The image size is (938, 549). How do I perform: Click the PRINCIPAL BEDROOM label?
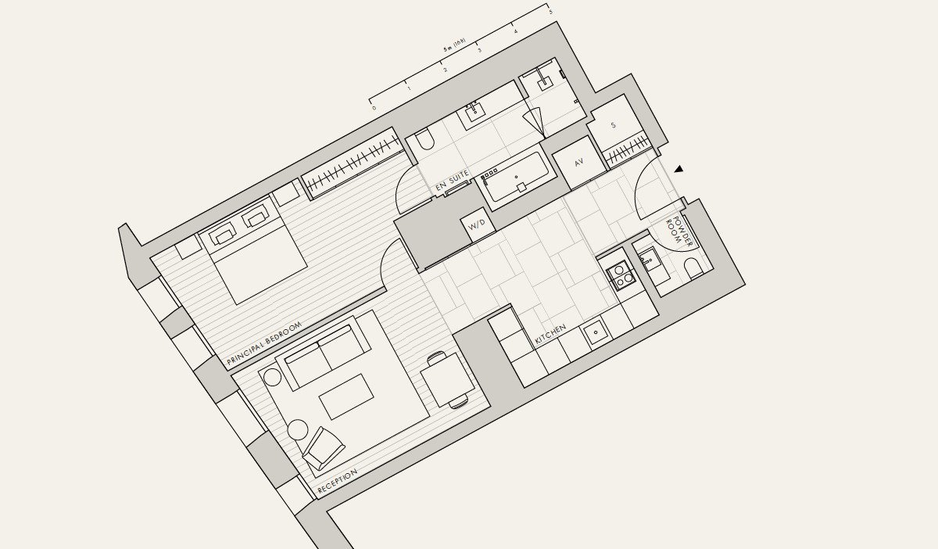[x=264, y=343]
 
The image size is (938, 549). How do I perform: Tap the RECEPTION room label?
[x=337, y=481]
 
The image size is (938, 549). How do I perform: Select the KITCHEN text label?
[x=550, y=334]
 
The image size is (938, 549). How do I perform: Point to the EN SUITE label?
[x=452, y=181]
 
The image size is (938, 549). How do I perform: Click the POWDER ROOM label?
[x=678, y=231]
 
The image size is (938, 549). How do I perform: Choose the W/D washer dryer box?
[x=478, y=225]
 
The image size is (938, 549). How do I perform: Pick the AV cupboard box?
[x=579, y=162]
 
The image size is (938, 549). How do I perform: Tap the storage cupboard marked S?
[x=614, y=125]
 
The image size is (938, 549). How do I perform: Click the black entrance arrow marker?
[x=678, y=169]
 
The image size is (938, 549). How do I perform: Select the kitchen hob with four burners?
[x=621, y=275]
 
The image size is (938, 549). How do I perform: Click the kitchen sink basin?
[x=596, y=332]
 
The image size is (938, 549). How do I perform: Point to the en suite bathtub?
[x=516, y=178]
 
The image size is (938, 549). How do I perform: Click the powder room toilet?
[x=694, y=268]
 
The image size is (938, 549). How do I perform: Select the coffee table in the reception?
[x=346, y=396]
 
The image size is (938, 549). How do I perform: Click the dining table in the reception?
[x=448, y=380]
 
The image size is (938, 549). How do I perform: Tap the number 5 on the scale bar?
[x=550, y=13]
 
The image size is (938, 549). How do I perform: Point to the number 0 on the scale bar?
[x=374, y=108]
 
